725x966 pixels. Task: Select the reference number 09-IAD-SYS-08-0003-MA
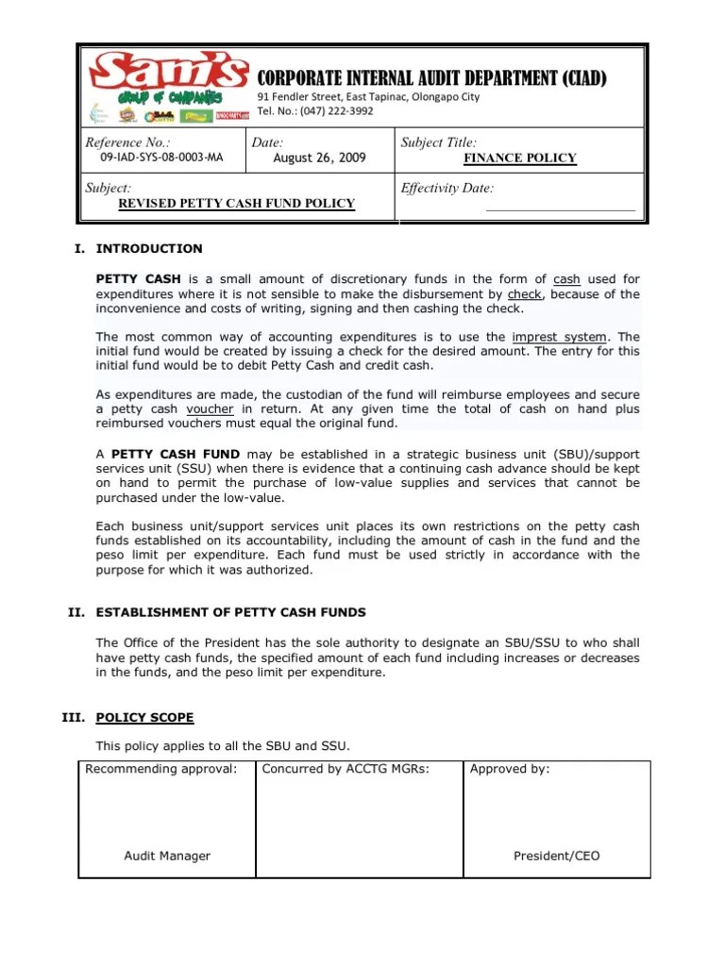point(154,158)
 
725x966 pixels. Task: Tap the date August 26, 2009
point(319,158)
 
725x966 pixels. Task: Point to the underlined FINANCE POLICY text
point(519,158)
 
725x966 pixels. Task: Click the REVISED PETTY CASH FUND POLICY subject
point(236,204)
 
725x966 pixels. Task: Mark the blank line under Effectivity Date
point(560,209)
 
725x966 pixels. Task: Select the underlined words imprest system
point(560,337)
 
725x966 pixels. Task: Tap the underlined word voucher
point(210,409)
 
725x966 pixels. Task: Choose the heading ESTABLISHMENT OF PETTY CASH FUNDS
point(230,613)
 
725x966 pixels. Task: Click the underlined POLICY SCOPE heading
point(144,718)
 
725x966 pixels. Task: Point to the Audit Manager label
point(167,857)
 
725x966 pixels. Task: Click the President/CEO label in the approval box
point(556,857)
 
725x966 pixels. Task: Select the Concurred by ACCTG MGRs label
point(345,770)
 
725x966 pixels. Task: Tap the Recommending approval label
point(160,770)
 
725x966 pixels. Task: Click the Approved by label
point(509,770)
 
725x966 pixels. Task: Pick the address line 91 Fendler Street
point(368,97)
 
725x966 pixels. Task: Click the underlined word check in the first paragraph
point(525,294)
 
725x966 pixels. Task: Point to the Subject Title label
point(439,142)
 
